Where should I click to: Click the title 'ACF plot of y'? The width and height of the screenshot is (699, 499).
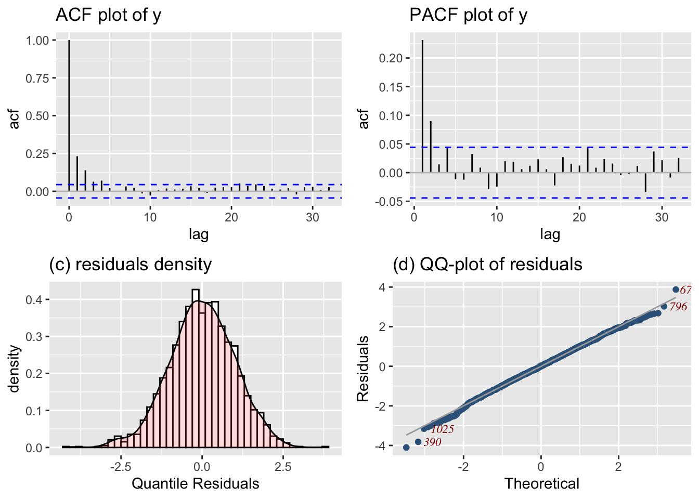pos(108,15)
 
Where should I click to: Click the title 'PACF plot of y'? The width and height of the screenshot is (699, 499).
pos(468,15)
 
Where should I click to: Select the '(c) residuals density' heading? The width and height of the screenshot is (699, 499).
pos(130,265)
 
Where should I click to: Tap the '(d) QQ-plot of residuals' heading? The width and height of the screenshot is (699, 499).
pos(487,265)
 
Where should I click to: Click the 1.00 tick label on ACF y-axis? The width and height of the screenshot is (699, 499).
pos(37,41)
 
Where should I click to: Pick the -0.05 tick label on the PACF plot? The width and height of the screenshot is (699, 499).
pos(390,202)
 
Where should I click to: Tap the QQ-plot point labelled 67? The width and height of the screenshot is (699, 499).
pos(676,290)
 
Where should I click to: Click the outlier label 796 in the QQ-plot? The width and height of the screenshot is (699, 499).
pos(678,307)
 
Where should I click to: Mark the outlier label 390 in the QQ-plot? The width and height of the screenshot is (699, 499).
pos(432,442)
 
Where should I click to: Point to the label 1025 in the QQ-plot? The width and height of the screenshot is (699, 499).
pos(442,429)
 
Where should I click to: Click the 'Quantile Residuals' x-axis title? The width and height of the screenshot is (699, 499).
pos(195,484)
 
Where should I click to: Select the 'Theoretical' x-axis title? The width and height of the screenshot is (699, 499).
pos(541,484)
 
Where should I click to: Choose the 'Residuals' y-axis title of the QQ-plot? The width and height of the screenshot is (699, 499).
pos(363,368)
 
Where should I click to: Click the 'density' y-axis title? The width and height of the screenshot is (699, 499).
pos(15,368)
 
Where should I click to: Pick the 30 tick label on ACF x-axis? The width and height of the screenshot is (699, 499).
pos(313,218)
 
